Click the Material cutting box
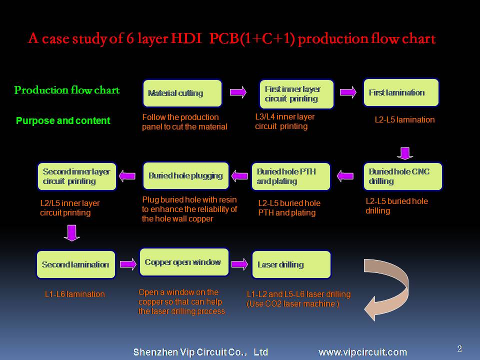click(182, 93)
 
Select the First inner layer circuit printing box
click(296, 94)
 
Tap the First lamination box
click(401, 93)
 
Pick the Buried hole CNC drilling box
click(403, 176)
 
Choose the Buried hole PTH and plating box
click(291, 176)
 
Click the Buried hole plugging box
click(186, 176)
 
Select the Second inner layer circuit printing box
click(77, 176)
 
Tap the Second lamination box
click(76, 264)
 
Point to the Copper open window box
click(184, 262)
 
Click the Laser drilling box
click(291, 264)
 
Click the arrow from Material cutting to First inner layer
click(238, 92)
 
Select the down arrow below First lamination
click(405, 153)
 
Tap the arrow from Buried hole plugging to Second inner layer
click(127, 176)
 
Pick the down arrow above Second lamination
click(72, 233)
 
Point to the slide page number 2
click(459, 348)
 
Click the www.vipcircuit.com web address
click(363, 352)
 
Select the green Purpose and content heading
click(63, 120)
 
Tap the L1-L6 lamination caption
click(74, 294)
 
